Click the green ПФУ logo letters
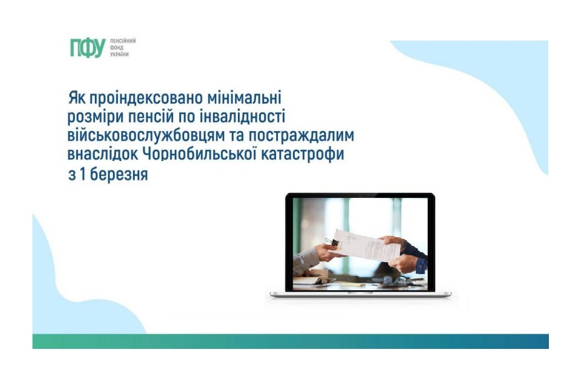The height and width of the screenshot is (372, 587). click(x=87, y=48)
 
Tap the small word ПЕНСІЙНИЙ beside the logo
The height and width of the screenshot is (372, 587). click(x=123, y=41)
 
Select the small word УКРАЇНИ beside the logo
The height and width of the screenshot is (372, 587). click(x=119, y=54)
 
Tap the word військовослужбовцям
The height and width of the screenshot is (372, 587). click(x=155, y=135)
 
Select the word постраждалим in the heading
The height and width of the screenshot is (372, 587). click(x=302, y=135)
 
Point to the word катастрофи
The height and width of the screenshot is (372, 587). click(x=302, y=154)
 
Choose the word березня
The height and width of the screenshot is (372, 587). click(x=119, y=174)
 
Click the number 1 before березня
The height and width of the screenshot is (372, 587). click(x=82, y=175)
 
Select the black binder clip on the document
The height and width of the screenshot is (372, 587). click(x=332, y=242)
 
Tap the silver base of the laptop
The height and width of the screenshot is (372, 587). click(x=360, y=295)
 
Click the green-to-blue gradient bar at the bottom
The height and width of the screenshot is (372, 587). click(x=290, y=341)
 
